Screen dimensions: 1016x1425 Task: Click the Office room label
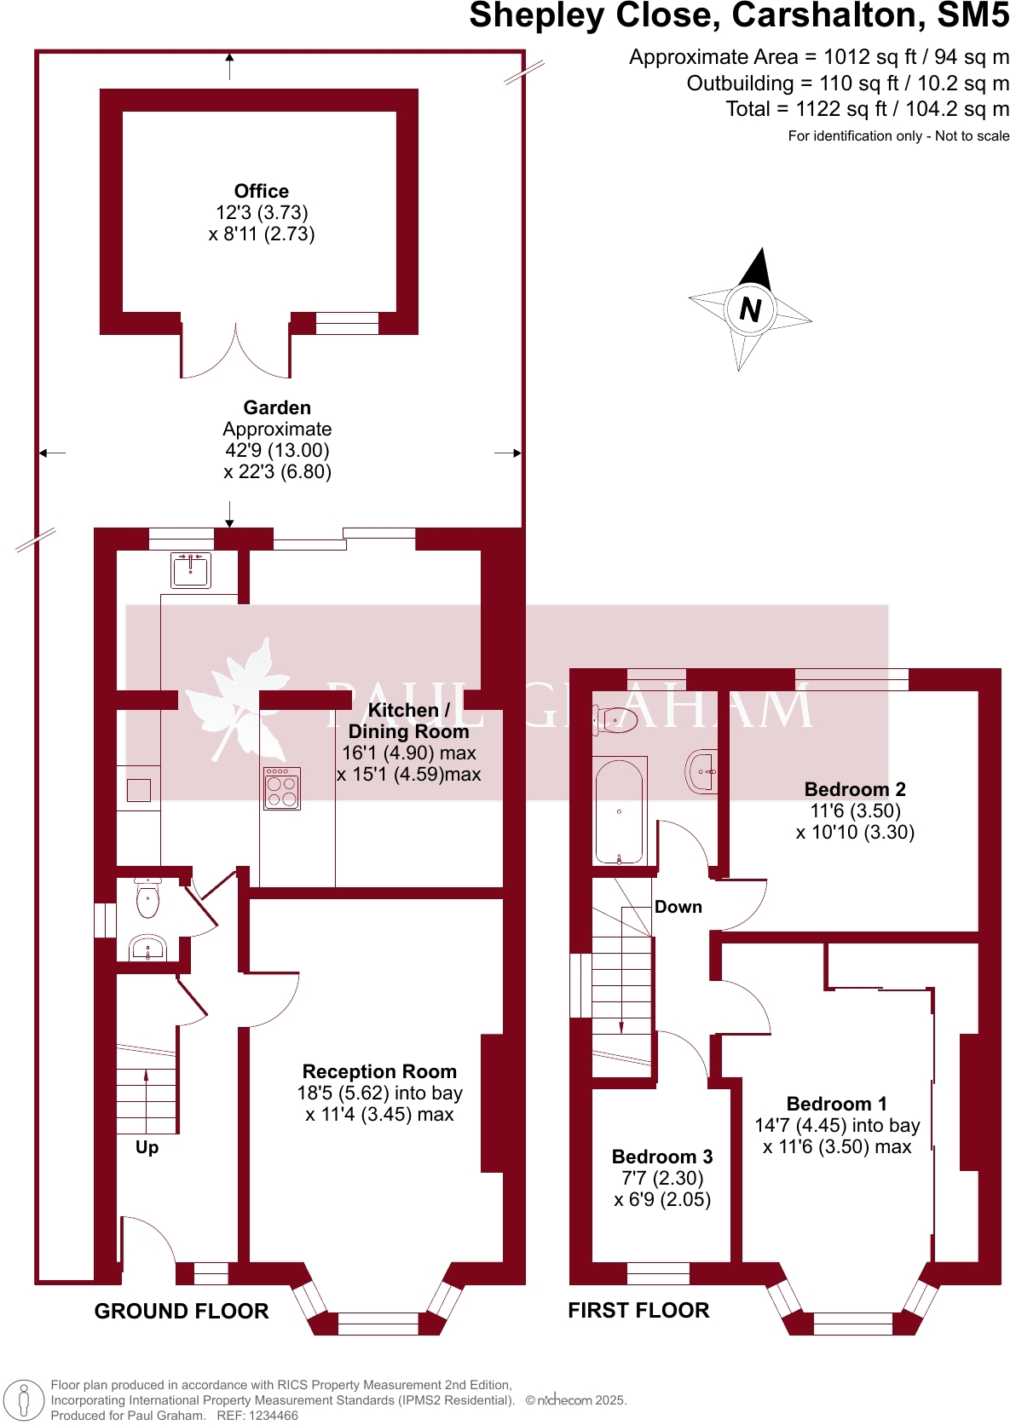(262, 192)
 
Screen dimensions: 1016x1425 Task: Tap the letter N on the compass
(750, 309)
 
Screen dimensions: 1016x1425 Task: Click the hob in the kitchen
(282, 788)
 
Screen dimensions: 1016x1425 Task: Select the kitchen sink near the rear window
(191, 569)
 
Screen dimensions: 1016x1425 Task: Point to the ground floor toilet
(147, 899)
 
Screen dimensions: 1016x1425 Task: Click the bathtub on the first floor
(619, 811)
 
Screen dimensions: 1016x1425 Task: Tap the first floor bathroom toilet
(616, 720)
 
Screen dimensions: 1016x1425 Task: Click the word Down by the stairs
(678, 907)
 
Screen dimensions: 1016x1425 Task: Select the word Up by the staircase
(147, 1147)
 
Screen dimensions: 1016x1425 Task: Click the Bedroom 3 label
(662, 1157)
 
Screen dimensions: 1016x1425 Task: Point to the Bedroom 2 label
(855, 789)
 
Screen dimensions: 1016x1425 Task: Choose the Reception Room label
(379, 1071)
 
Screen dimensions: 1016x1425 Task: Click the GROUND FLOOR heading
(182, 1311)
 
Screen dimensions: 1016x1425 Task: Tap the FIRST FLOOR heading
(638, 1310)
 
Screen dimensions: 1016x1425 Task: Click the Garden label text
(277, 407)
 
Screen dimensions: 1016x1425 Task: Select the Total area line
(867, 109)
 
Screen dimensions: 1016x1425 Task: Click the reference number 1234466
(269, 1416)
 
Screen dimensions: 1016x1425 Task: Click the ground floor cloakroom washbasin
(147, 948)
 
